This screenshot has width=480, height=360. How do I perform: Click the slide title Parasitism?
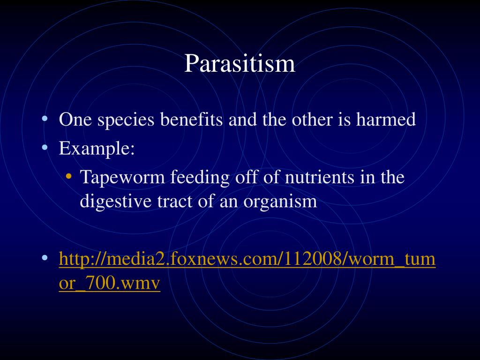(240, 63)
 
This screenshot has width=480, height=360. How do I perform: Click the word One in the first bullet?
(75, 119)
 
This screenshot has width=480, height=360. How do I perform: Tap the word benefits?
(191, 119)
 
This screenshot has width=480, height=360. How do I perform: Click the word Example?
(97, 149)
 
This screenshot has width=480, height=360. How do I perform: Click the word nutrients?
(319, 177)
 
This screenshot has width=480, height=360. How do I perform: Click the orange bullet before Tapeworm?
(68, 176)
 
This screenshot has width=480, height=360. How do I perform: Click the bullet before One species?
(45, 118)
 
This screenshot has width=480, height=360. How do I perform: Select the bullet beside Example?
(45, 148)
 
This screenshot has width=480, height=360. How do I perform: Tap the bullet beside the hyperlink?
(45, 258)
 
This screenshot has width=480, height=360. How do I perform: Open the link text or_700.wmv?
(110, 283)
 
